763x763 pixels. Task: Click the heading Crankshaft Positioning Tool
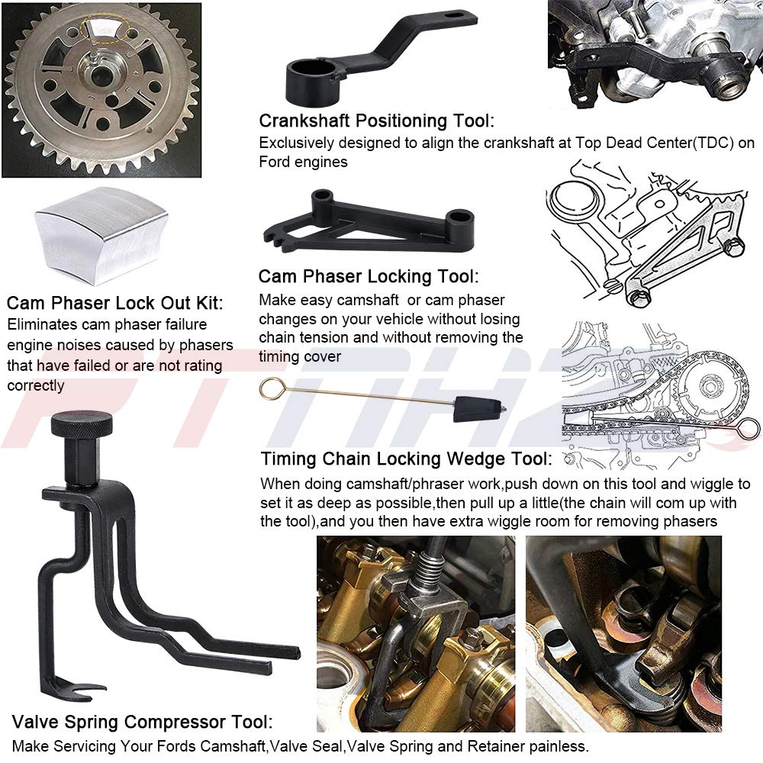[x=376, y=121]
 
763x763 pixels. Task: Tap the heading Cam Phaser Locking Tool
[x=369, y=276]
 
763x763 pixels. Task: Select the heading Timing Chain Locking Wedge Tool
[x=405, y=459]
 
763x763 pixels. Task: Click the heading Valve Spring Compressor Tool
[x=142, y=722]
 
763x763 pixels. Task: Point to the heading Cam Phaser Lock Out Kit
[x=114, y=304]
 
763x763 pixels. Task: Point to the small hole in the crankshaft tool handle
[x=458, y=14]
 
